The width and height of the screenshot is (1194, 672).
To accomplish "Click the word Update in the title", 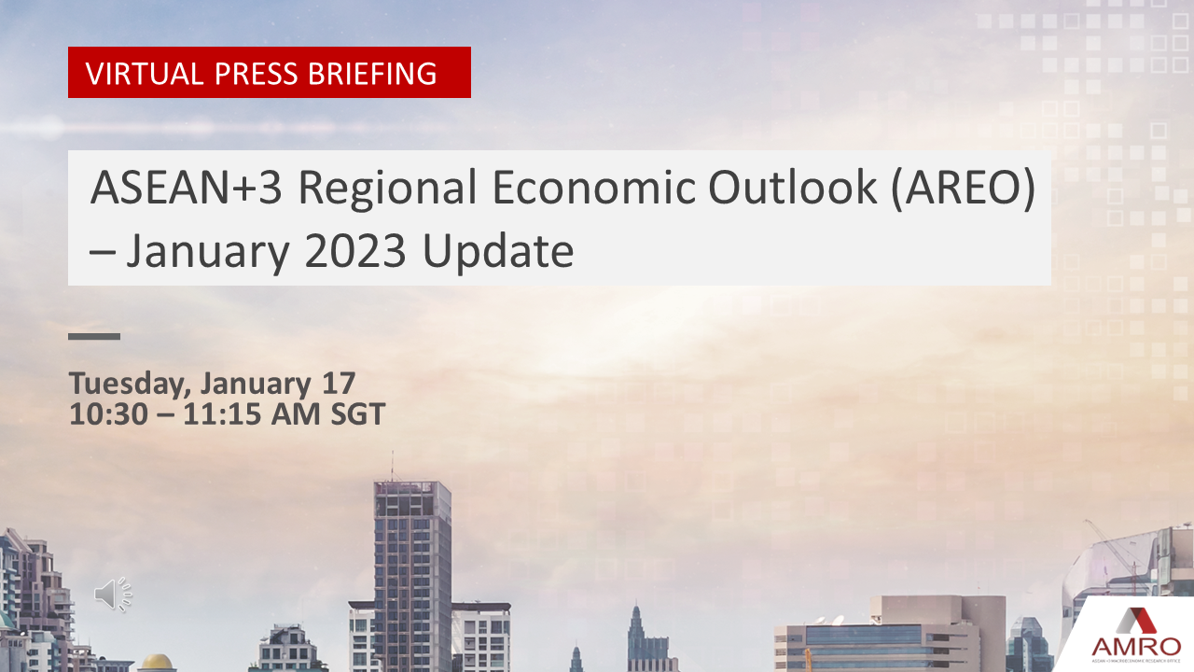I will pyautogui.click(x=497, y=252).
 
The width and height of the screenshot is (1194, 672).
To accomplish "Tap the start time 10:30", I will pyautogui.click(x=108, y=413).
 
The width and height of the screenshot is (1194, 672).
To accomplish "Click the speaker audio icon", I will pyautogui.click(x=113, y=595).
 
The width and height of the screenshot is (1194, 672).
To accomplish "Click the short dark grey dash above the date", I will pyautogui.click(x=94, y=336).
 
